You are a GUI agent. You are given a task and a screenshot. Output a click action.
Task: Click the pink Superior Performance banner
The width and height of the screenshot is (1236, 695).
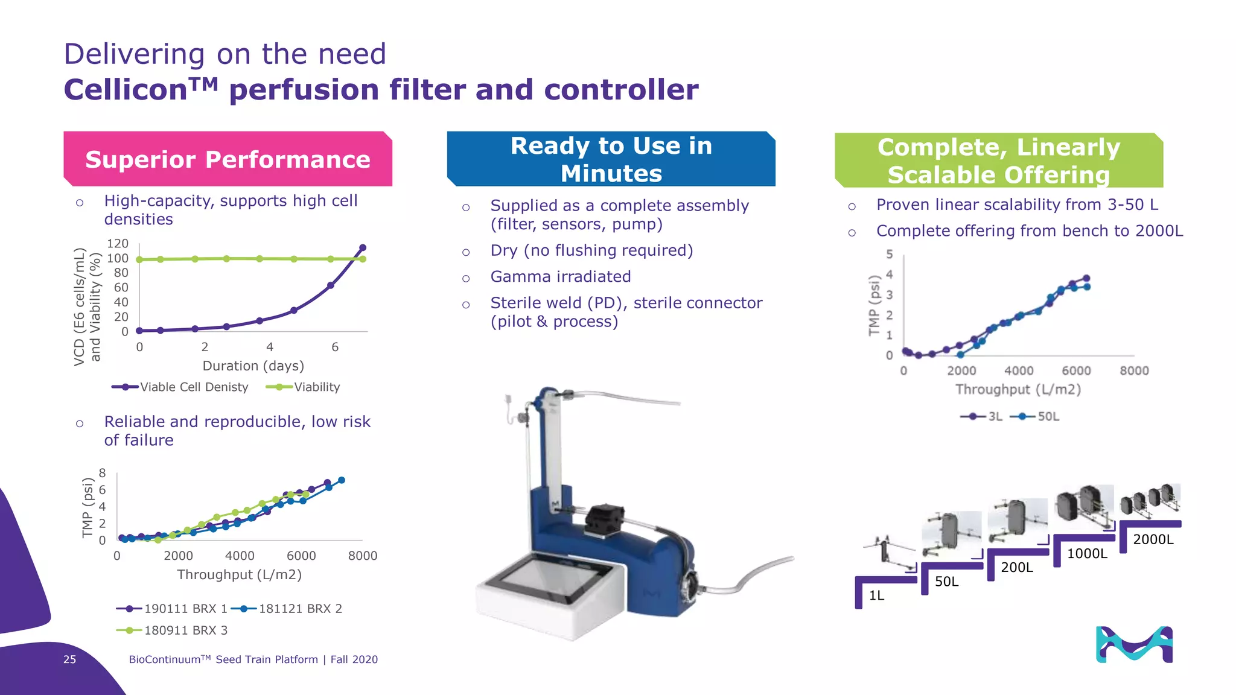[228, 159]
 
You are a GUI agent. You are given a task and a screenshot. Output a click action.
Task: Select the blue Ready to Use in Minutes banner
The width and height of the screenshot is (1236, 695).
[611, 159]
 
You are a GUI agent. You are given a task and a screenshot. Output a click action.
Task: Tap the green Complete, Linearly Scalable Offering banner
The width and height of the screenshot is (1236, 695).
[998, 160]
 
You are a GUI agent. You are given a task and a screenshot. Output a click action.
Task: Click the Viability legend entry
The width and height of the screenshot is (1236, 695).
[316, 387]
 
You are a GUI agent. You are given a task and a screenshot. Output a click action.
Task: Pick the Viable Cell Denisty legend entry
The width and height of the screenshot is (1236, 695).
[194, 387]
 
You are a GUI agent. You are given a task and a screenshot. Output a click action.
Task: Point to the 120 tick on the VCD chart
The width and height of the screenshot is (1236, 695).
[118, 244]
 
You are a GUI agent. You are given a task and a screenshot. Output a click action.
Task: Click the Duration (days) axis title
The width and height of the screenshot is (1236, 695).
[253, 366]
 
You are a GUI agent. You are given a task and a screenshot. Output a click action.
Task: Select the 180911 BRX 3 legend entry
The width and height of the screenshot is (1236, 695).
[185, 630]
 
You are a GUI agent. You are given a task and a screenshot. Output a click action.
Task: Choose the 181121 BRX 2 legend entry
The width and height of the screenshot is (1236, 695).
[300, 609]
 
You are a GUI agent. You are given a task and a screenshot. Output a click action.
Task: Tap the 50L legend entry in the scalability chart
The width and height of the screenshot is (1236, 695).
[1048, 416]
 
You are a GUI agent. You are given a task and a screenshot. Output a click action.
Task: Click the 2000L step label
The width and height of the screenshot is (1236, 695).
[1153, 539]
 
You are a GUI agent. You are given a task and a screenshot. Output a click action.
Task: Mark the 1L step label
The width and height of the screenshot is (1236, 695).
[876, 595]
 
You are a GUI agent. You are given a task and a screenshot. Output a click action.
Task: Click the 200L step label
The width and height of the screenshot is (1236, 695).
[1016, 567]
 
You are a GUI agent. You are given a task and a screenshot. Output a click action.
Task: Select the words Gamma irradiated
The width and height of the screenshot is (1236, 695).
[560, 277]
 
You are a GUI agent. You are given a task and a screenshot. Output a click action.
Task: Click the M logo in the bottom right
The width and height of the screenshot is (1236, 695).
[1134, 645]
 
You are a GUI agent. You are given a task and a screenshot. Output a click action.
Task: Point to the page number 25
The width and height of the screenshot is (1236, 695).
[69, 659]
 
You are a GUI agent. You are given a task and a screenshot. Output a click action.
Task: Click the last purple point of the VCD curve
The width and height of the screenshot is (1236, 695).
[363, 248]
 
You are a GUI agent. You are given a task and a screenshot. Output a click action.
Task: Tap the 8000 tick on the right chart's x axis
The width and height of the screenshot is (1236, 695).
[1134, 371]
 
